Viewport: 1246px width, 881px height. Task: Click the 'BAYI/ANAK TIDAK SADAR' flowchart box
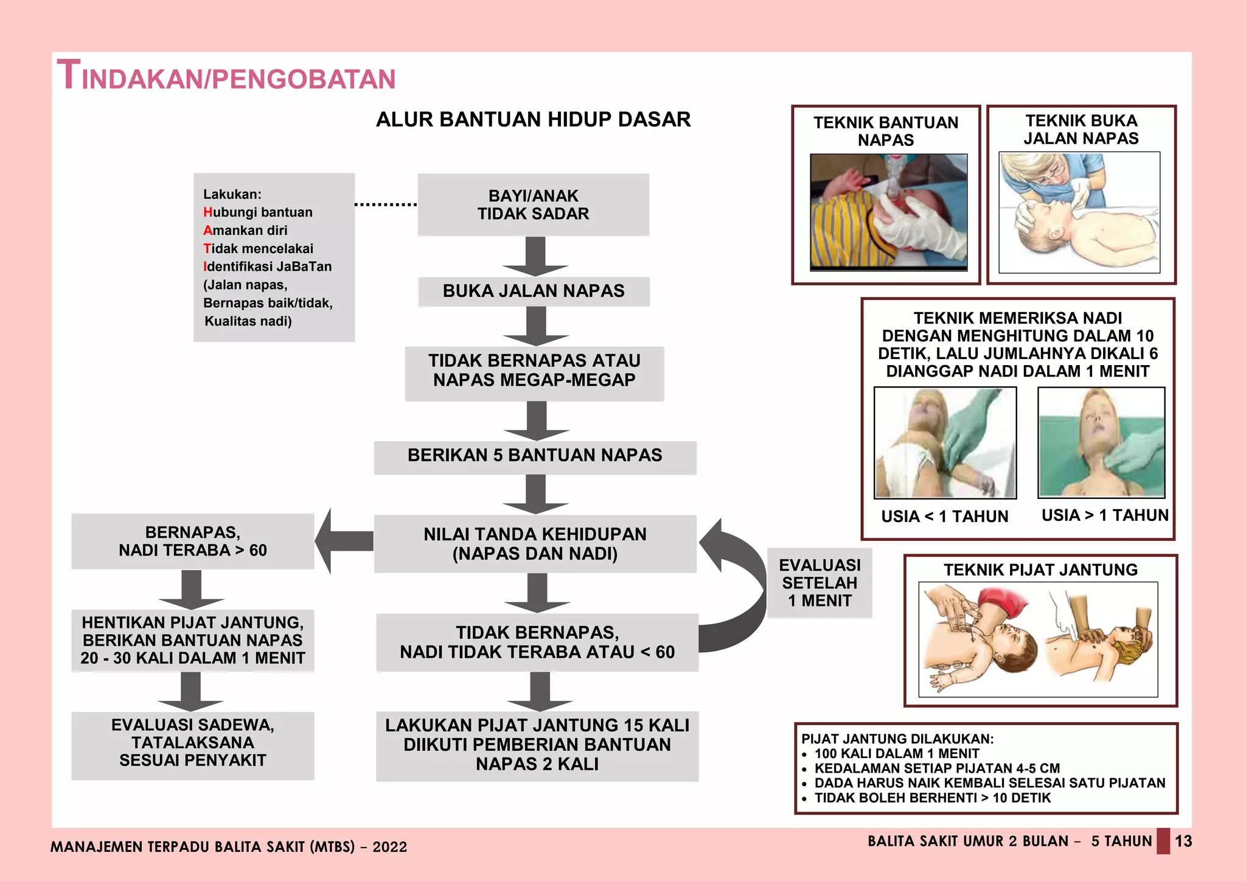[533, 205]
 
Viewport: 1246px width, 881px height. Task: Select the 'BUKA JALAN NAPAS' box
[534, 291]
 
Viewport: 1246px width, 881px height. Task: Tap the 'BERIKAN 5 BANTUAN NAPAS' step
[535, 456]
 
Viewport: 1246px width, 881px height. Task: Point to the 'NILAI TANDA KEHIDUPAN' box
[535, 544]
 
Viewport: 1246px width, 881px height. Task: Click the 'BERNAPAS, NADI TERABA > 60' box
[193, 541]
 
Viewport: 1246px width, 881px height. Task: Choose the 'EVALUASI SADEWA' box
[193, 743]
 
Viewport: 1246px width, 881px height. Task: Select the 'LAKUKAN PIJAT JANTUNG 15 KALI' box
[537, 745]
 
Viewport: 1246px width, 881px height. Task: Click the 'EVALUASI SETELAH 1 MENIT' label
[820, 583]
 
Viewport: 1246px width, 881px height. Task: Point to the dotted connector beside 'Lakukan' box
[386, 204]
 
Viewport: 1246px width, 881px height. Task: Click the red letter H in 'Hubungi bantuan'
[207, 212]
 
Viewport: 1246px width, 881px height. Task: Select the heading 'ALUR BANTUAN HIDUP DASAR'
[533, 119]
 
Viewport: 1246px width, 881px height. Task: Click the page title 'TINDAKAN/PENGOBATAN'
[226, 77]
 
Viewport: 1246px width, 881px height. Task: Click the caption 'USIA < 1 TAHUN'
[944, 517]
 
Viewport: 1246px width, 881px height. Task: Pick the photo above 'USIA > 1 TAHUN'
[1101, 442]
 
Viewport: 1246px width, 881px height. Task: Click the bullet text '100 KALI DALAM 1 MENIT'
[897, 754]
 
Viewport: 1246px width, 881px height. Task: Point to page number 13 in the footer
[1183, 841]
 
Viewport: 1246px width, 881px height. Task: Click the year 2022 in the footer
[390, 847]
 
